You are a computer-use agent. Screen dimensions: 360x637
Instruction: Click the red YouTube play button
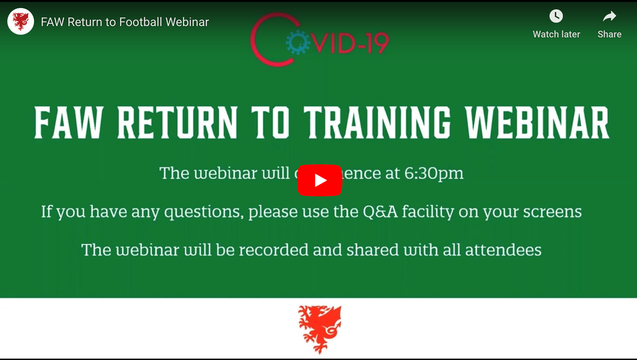(319, 181)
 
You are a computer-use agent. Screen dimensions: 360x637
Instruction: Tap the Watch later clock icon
(556, 16)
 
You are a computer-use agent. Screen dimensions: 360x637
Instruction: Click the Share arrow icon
(609, 16)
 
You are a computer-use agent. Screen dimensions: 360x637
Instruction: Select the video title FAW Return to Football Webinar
(125, 22)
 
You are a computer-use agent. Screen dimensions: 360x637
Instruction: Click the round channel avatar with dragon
(21, 22)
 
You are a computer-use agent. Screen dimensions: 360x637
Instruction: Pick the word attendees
(503, 250)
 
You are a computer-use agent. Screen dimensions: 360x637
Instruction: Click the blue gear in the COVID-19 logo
(296, 42)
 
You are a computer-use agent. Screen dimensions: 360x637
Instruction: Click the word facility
(429, 212)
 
